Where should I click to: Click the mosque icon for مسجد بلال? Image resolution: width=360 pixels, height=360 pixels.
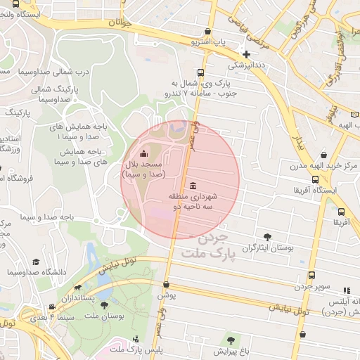click(x=144, y=154)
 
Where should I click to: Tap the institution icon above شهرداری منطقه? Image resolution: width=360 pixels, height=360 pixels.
click(x=193, y=184)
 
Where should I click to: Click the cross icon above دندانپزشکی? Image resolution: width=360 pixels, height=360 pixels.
click(x=246, y=54)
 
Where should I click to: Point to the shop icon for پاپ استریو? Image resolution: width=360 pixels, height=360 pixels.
click(x=207, y=32)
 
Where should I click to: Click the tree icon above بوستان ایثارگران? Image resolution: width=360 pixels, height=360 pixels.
click(x=266, y=237)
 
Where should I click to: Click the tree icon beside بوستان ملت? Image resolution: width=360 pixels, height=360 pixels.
click(x=104, y=306)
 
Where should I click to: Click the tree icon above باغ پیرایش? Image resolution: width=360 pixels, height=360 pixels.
click(x=227, y=339)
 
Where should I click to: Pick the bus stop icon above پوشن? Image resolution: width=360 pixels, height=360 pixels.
click(x=166, y=285)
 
